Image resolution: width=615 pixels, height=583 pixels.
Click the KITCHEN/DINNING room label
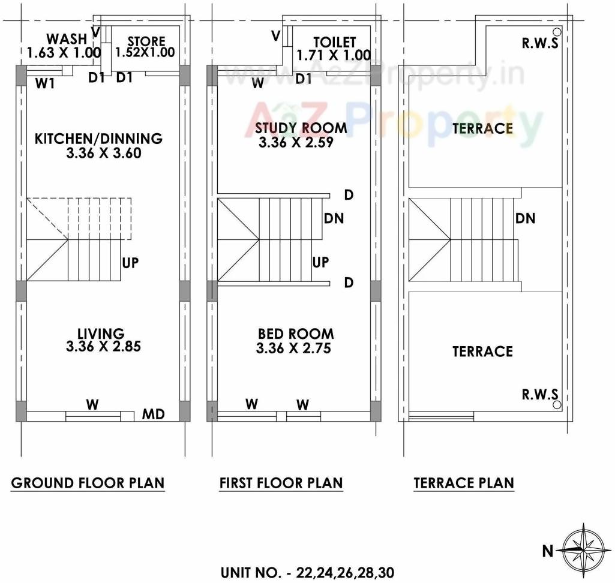98,139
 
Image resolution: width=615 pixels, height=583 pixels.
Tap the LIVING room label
101,333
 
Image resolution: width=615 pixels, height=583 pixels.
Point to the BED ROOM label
296,334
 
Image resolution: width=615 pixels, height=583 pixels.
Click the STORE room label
146,41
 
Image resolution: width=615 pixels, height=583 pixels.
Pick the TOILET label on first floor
334,42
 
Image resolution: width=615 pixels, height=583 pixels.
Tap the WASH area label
67,40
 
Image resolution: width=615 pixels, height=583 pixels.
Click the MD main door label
153,414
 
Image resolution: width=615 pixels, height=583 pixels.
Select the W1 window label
45,84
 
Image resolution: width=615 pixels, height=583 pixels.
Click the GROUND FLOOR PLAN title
88,483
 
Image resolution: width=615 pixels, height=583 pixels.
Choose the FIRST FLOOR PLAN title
281,483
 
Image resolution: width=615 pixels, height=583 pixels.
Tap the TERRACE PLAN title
463,483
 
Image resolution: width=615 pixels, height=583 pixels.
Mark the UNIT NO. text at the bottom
307,572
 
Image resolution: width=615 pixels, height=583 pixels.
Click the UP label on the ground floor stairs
130,263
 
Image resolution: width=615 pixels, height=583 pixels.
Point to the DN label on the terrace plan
525,218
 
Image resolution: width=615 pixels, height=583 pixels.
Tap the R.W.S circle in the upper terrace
557,32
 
